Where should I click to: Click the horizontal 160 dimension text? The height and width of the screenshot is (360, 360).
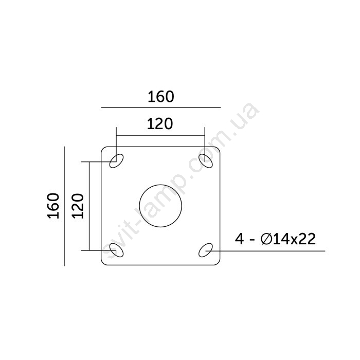(x=160, y=97)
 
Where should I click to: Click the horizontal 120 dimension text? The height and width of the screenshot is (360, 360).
(x=160, y=124)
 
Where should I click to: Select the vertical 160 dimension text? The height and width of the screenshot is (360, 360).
(x=53, y=206)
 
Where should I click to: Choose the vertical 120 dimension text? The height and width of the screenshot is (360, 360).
(x=78, y=206)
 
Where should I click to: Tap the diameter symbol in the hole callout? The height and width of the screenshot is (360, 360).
(x=266, y=239)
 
